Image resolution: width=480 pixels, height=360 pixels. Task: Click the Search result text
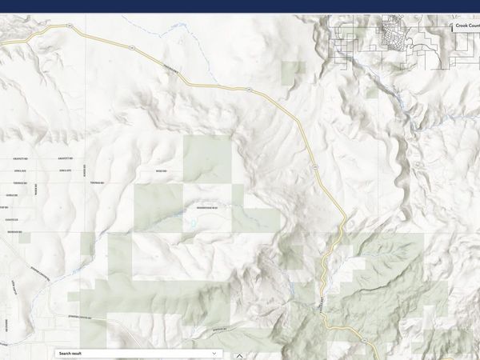(x=70, y=353)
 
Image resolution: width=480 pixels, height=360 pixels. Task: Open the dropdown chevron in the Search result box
(x=214, y=353)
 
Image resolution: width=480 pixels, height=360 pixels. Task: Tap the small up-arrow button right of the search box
(x=238, y=355)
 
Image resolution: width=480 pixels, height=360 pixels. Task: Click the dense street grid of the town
(x=392, y=32)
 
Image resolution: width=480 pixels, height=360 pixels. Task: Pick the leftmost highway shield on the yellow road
(x=70, y=27)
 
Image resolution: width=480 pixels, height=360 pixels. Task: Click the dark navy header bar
(x=240, y=6)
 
